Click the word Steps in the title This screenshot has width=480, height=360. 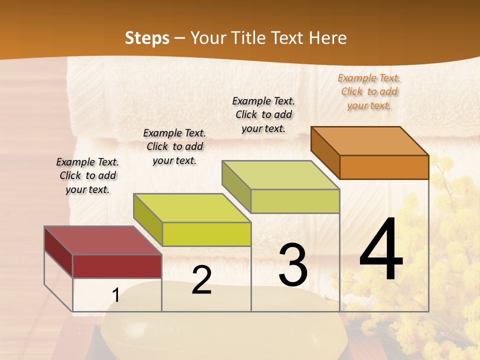click(147, 38)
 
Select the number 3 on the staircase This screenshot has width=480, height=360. click(292, 265)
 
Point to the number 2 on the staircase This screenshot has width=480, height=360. click(201, 280)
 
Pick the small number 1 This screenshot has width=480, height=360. click(116, 295)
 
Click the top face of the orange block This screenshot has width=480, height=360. click(370, 140)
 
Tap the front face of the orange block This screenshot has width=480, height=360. click(384, 167)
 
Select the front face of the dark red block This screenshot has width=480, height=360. click(117, 266)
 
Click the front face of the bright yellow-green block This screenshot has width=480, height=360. click(206, 234)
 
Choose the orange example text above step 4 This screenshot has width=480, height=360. click(369, 91)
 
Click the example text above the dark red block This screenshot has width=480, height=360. click(87, 175)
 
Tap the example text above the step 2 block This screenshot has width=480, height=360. click(174, 146)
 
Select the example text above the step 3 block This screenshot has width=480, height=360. click(263, 114)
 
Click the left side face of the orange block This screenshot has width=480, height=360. click(325, 152)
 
